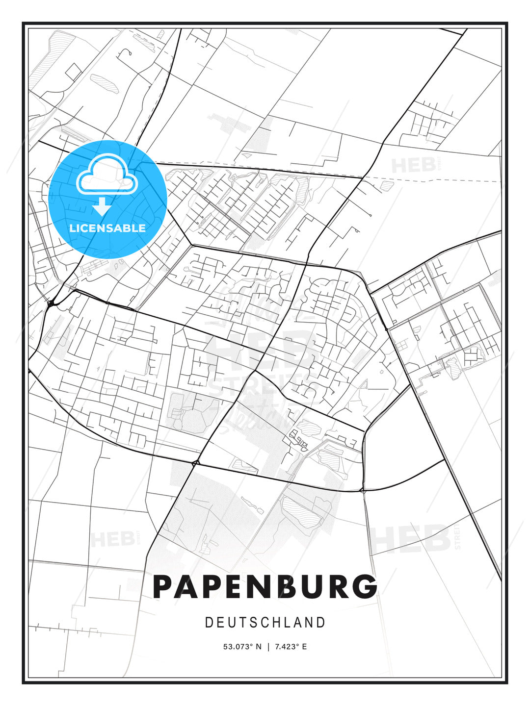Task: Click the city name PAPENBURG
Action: click(x=265, y=587)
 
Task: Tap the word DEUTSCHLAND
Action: click(x=265, y=623)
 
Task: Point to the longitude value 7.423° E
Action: click(x=291, y=647)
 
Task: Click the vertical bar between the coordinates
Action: click(x=268, y=647)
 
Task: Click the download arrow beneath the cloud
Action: click(x=102, y=206)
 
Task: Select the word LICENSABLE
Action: click(x=107, y=228)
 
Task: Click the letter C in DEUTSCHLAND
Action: click(x=265, y=623)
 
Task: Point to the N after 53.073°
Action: click(x=258, y=647)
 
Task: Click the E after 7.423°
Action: click(x=304, y=647)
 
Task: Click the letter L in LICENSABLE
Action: click(x=73, y=228)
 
